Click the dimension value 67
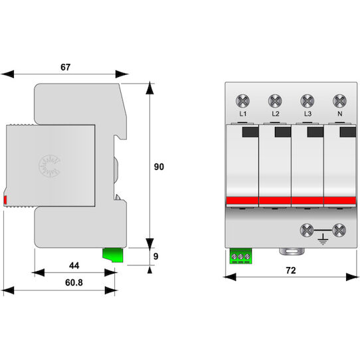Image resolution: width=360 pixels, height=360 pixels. [x=66, y=67]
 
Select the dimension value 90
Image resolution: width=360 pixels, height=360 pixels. [x=159, y=167]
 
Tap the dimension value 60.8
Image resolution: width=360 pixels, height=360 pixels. [x=74, y=282]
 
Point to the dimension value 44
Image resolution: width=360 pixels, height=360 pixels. [x=74, y=266]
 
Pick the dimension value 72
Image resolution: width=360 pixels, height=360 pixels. [x=291, y=270]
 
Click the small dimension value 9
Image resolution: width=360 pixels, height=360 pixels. [x=156, y=256]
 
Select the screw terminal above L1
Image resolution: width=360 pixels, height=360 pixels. [x=242, y=101]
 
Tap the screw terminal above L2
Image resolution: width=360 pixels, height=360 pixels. [x=275, y=101]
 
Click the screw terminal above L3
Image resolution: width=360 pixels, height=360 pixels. [x=308, y=101]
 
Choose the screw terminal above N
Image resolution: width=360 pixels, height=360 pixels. [x=339, y=101]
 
